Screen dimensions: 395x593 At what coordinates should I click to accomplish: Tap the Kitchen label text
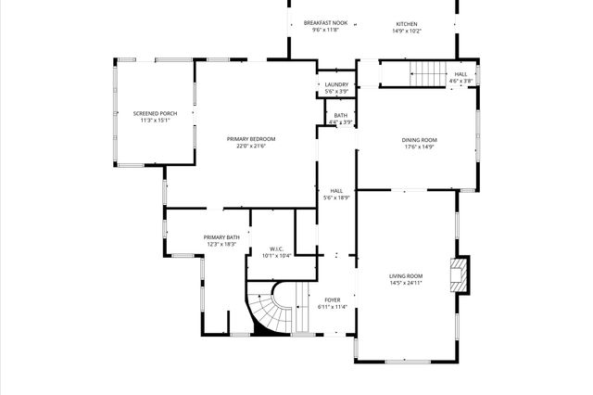click(x=408, y=23)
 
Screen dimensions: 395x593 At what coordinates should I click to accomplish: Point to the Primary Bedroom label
click(x=251, y=139)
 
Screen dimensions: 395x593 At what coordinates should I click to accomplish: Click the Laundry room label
click(x=336, y=84)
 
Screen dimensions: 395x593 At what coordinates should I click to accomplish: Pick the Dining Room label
click(x=419, y=140)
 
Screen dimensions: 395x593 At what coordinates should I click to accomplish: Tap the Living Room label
click(x=405, y=275)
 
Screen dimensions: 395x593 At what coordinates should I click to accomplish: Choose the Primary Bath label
click(x=221, y=237)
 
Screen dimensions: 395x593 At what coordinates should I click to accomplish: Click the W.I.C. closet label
click(x=276, y=248)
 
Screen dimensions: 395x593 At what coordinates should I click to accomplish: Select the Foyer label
click(x=332, y=299)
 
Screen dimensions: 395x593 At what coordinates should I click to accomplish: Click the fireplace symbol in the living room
click(x=458, y=275)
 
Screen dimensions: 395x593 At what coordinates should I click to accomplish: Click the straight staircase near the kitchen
click(x=427, y=72)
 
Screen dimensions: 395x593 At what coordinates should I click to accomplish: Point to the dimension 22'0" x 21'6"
click(x=251, y=147)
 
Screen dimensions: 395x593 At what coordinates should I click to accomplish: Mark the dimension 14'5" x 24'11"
click(x=405, y=283)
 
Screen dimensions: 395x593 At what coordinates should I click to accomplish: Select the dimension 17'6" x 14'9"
click(x=419, y=147)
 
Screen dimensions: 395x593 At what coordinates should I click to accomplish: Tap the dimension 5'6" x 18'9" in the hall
click(x=336, y=197)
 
